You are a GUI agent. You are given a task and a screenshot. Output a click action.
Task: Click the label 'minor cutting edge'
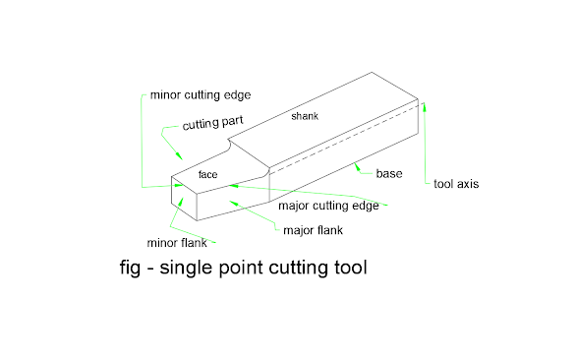click(x=201, y=95)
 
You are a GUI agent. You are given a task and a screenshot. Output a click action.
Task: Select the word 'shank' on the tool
click(x=305, y=117)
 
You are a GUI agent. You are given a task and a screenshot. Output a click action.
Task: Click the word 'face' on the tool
click(x=207, y=174)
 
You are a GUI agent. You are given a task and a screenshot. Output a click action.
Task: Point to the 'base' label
click(x=389, y=174)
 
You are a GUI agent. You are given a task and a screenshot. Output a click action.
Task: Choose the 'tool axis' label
click(x=456, y=184)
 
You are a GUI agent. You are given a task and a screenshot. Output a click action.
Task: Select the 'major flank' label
click(x=313, y=231)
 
